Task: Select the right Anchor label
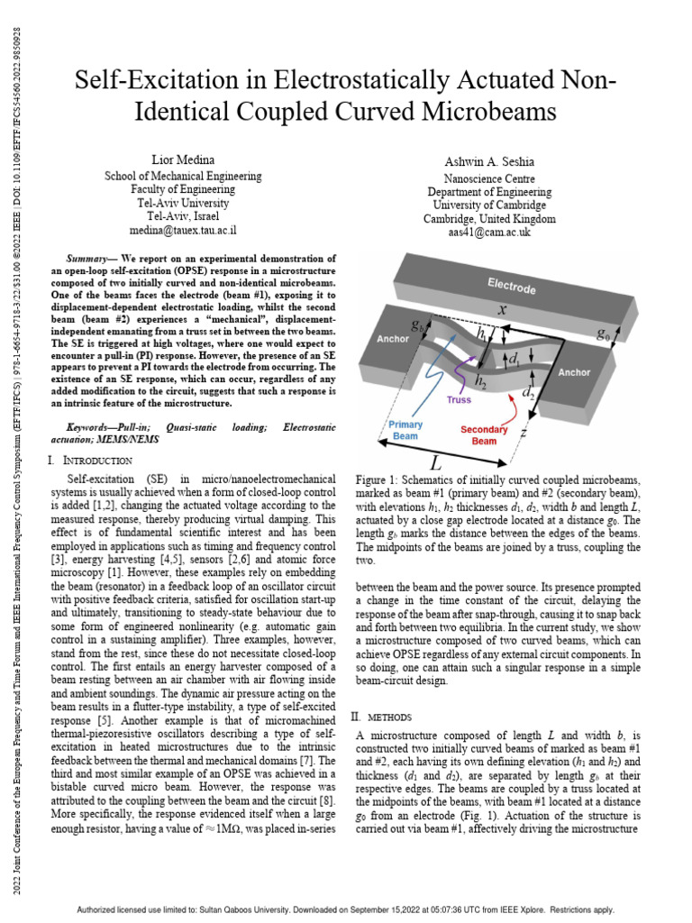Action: click(573, 371)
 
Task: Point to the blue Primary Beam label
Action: click(405, 430)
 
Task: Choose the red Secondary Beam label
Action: click(484, 435)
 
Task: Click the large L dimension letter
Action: click(435, 462)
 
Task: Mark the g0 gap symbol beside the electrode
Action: click(603, 334)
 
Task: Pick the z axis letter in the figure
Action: click(523, 432)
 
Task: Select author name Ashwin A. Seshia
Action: click(489, 161)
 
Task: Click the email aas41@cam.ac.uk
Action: click(489, 233)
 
